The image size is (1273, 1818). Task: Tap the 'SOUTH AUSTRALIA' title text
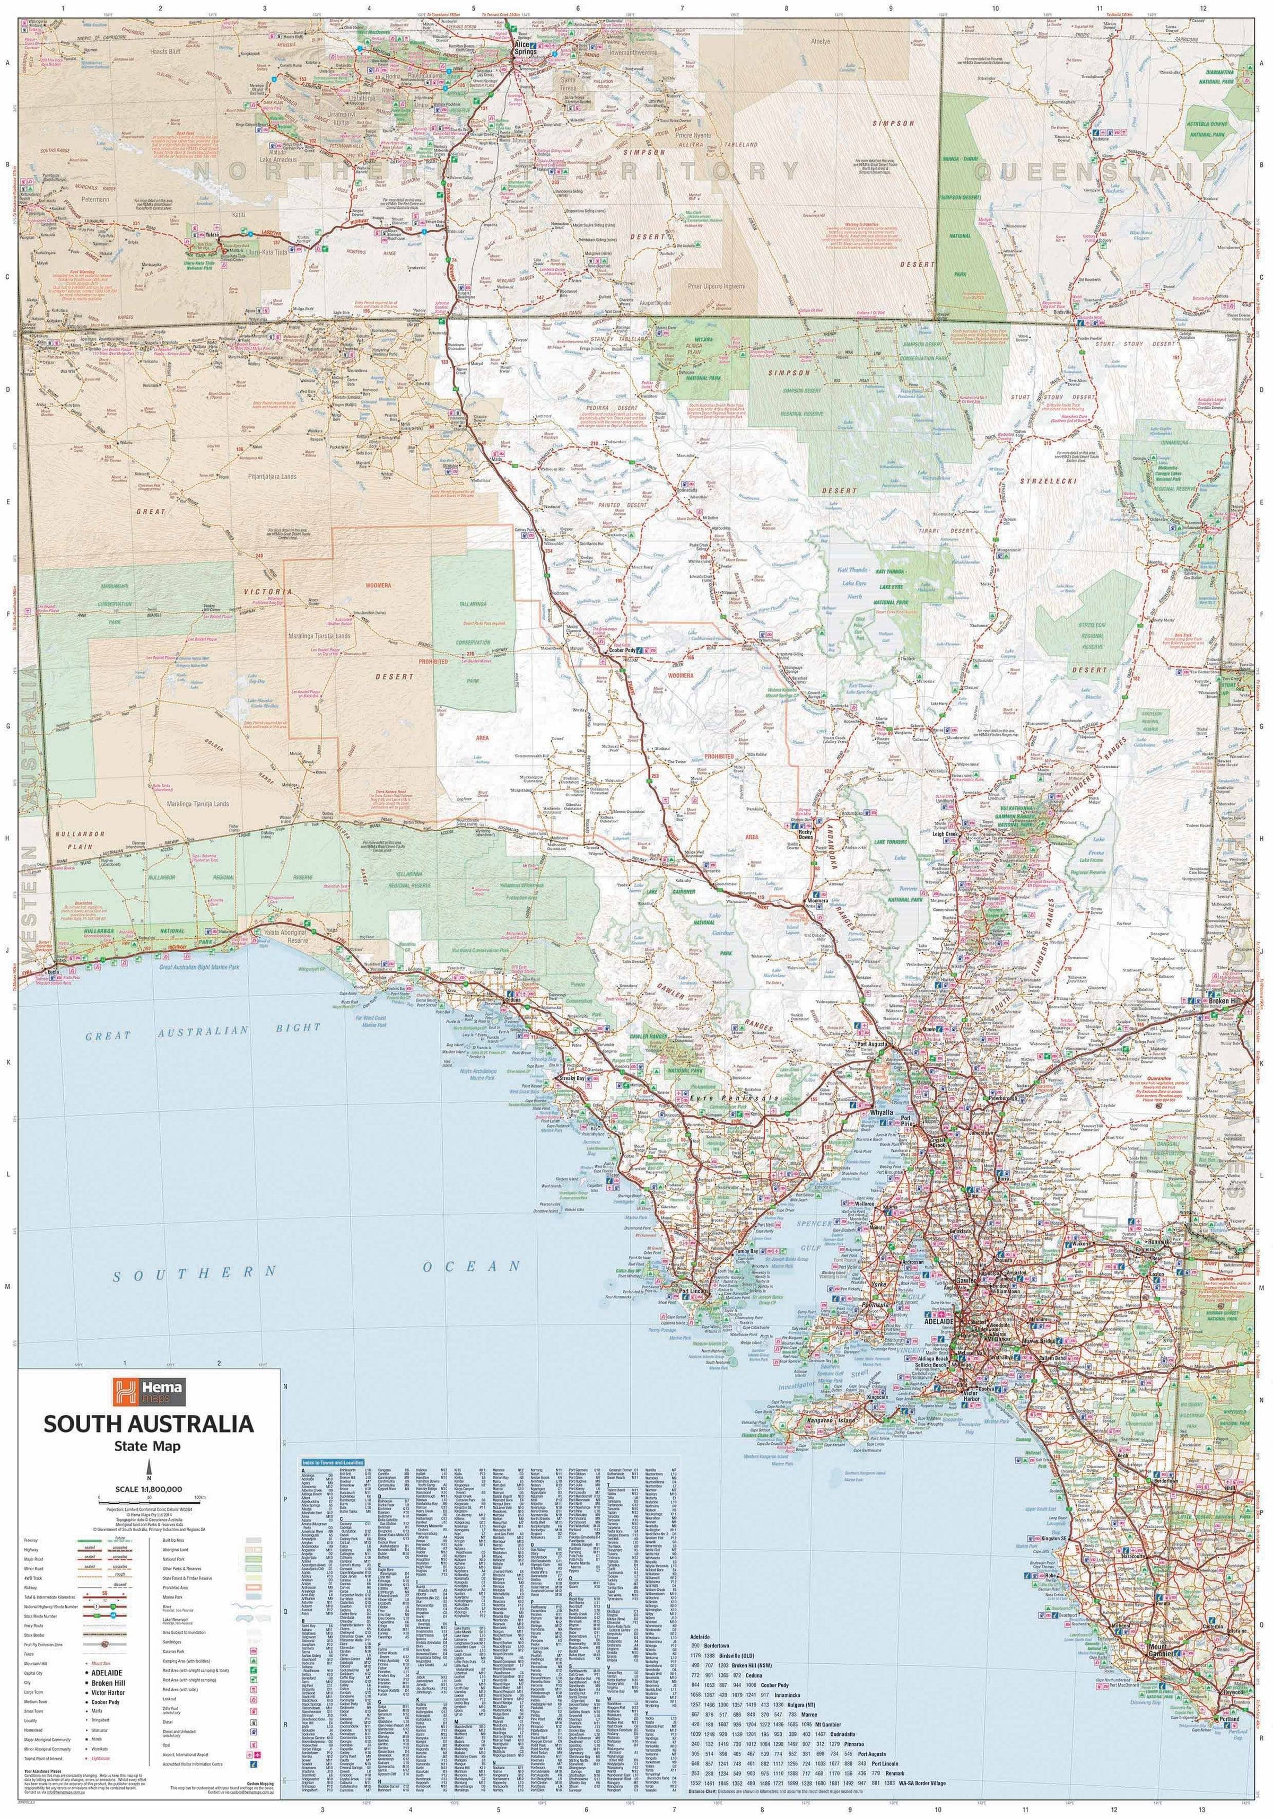(x=149, y=1424)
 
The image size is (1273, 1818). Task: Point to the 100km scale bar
(x=149, y=1503)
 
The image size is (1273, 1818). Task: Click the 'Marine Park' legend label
(x=173, y=1597)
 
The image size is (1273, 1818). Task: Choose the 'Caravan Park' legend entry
(x=173, y=1652)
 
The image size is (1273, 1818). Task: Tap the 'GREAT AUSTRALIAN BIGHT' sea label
(x=203, y=1032)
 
